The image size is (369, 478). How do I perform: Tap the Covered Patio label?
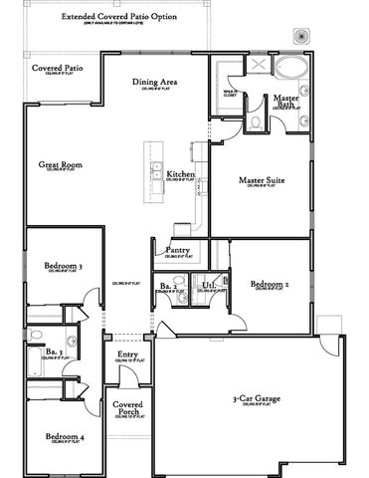pos(57,68)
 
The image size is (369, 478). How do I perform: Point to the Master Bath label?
pos(286,102)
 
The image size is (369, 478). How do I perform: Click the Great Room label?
pos(60,164)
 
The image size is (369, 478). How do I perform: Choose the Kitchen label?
pos(180,174)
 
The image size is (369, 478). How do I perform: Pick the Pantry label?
pos(178,250)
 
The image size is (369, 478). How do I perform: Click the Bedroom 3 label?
pos(63,266)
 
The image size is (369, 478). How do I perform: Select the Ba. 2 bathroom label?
pos(168,287)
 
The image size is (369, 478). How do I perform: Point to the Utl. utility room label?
pos(208,287)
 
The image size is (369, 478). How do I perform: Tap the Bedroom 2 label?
pos(270,285)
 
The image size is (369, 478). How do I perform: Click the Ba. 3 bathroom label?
pos(55,353)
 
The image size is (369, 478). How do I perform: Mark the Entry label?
pos(127,355)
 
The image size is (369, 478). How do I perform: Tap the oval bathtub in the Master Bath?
pos(292,71)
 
